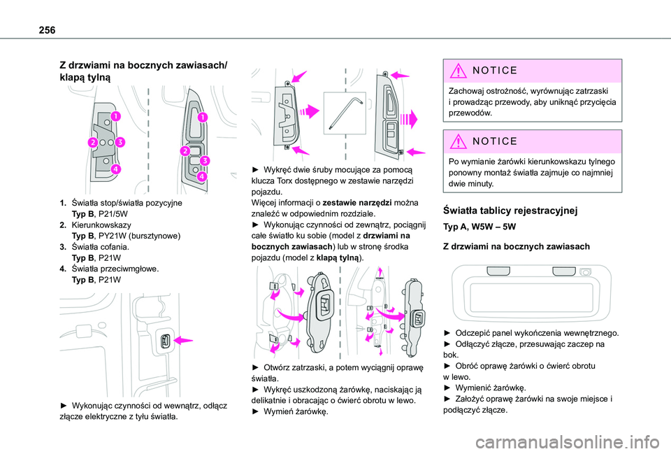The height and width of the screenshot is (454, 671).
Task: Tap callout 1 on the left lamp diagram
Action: (x=113, y=115)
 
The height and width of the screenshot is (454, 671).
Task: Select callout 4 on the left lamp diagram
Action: (x=114, y=169)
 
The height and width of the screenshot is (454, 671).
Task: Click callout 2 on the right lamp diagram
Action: (x=185, y=152)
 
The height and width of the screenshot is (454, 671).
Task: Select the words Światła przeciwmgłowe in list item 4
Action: (x=111, y=269)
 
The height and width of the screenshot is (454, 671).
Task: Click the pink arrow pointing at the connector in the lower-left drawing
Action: (x=186, y=339)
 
